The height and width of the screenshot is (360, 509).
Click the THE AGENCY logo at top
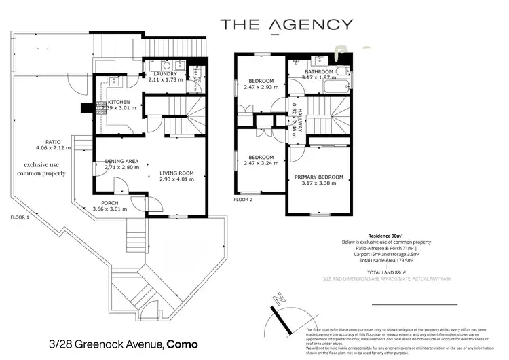click(x=286, y=25)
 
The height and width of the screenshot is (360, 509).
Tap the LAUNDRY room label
click(x=166, y=74)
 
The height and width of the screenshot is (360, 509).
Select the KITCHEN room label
click(x=119, y=102)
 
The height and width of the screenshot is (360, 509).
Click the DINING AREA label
click(x=122, y=161)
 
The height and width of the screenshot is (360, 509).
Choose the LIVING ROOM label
click(x=176, y=173)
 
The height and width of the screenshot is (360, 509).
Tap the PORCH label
click(x=111, y=202)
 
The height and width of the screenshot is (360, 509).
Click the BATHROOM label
click(x=318, y=72)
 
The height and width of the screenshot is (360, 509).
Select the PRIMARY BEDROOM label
click(x=318, y=177)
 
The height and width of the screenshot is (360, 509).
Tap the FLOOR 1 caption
click(x=20, y=217)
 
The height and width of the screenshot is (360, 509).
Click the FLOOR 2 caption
click(x=243, y=200)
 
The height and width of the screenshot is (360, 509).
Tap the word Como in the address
click(x=183, y=344)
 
